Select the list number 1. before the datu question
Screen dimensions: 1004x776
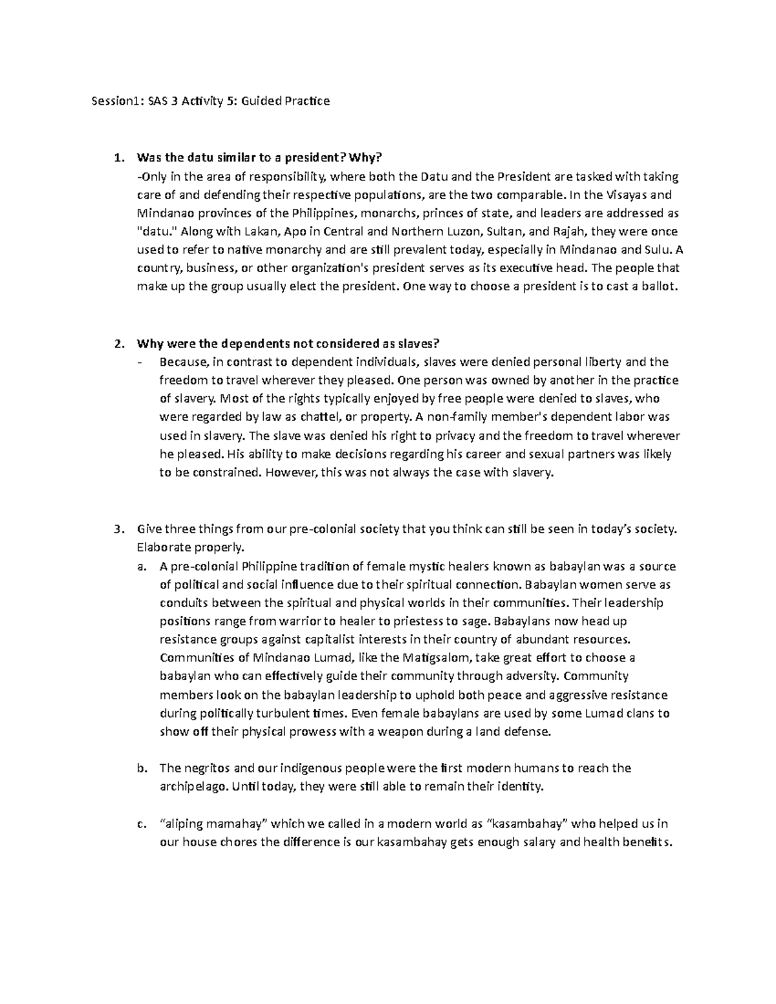tap(117, 158)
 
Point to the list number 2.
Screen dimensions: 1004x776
tap(117, 343)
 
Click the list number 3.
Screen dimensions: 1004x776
tap(117, 529)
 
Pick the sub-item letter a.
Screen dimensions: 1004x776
tap(141, 567)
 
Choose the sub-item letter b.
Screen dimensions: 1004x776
tap(141, 769)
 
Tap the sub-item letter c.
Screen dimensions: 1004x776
tap(141, 824)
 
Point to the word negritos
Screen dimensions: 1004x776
tap(206, 769)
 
